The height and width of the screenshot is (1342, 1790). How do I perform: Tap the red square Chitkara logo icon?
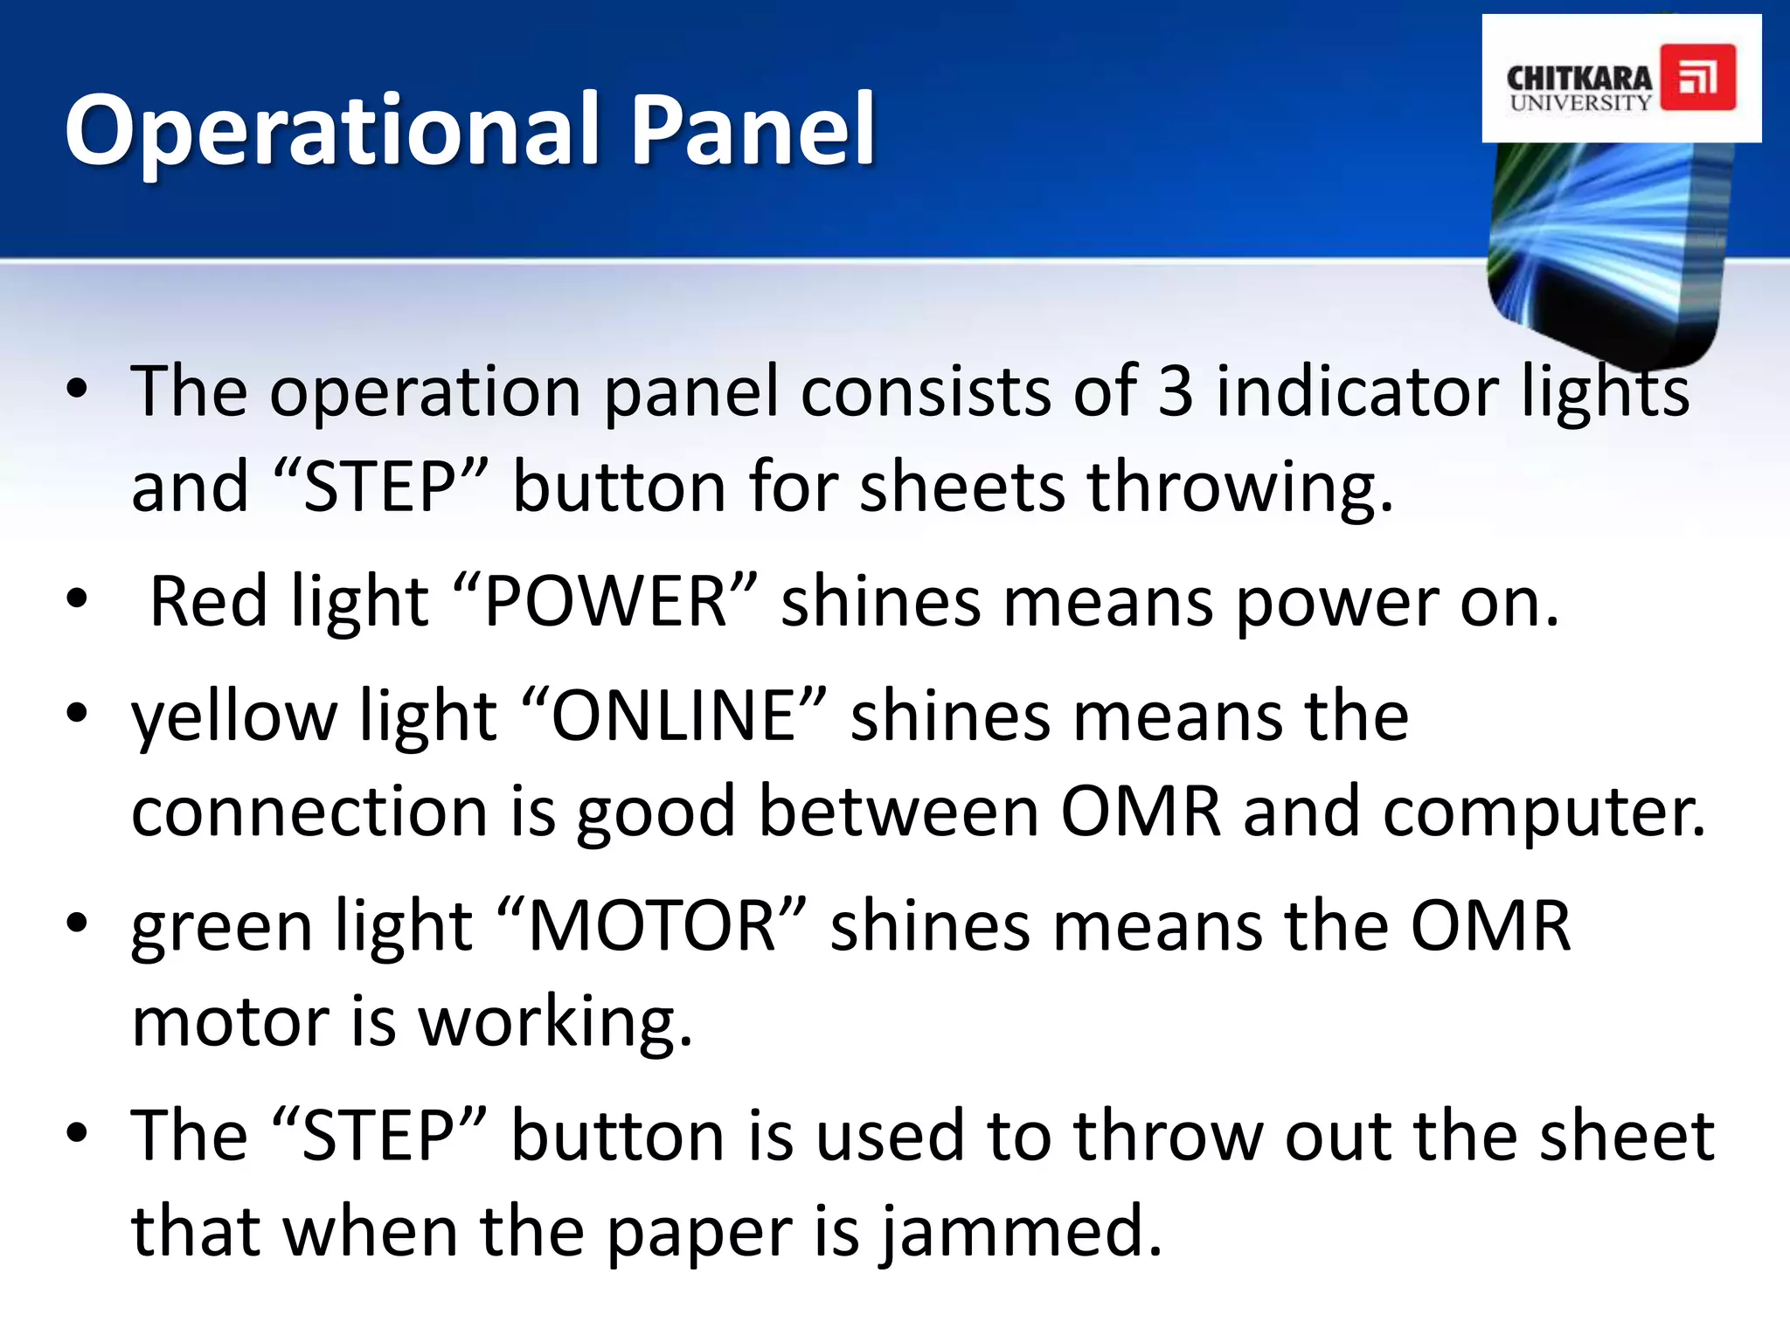click(1697, 77)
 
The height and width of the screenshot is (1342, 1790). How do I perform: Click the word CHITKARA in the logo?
click(1578, 79)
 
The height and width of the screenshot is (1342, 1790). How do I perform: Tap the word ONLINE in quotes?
click(676, 716)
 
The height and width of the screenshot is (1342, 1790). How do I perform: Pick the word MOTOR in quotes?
click(652, 925)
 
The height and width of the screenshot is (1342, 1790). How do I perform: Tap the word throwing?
click(1238, 488)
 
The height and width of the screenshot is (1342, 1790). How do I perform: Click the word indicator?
click(1356, 391)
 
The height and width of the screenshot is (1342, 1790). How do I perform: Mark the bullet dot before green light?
click(77, 923)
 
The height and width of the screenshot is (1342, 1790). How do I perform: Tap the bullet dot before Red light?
click(77, 599)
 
